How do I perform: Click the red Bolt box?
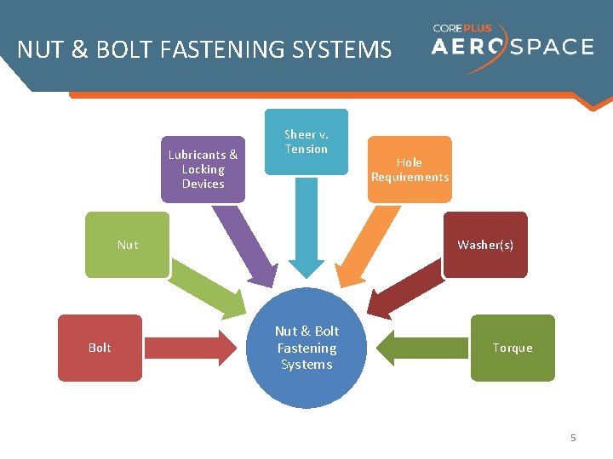click(100, 348)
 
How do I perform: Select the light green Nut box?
click(127, 245)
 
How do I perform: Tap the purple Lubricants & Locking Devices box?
click(203, 169)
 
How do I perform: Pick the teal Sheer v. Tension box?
click(306, 142)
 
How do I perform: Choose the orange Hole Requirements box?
click(410, 169)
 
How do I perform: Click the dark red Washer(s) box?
click(485, 245)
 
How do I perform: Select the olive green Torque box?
click(513, 348)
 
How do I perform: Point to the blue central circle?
click(306, 348)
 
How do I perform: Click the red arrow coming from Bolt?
click(192, 348)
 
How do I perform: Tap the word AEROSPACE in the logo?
click(512, 46)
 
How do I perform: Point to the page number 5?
click(573, 438)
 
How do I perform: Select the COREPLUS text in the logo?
click(462, 28)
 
